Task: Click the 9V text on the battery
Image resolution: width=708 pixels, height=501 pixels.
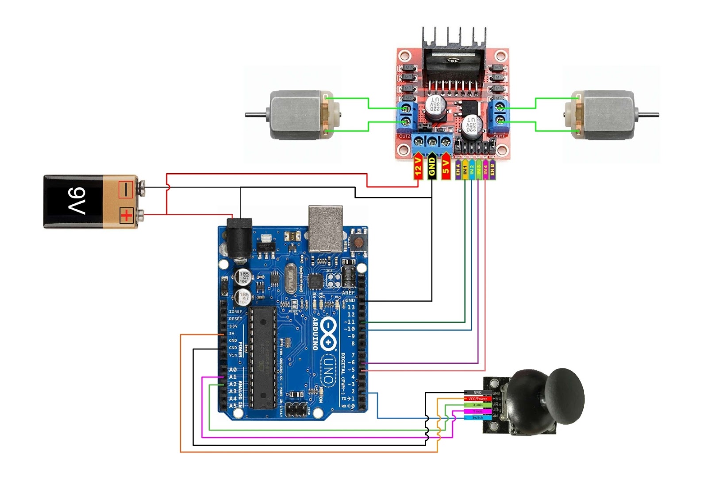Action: (x=76, y=201)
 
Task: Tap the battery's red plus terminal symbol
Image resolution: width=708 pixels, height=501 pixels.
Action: (x=127, y=216)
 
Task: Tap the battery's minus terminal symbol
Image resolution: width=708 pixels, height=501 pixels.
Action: (x=126, y=190)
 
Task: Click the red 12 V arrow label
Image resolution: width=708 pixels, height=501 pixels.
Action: (x=418, y=167)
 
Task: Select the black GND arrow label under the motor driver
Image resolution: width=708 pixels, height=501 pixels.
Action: (x=432, y=167)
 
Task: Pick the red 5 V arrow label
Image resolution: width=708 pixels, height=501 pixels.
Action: (x=446, y=167)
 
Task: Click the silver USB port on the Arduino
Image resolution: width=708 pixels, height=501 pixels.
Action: (x=326, y=229)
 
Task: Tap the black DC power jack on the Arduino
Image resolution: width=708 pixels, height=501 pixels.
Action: (x=239, y=237)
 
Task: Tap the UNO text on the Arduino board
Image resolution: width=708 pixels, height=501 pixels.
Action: (x=328, y=370)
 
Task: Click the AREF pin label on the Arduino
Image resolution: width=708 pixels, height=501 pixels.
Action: (x=348, y=293)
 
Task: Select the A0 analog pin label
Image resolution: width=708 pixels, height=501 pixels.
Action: (x=233, y=369)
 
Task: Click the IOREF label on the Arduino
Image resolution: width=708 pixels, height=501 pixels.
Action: (x=235, y=312)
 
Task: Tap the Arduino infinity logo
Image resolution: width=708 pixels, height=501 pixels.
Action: (x=328, y=332)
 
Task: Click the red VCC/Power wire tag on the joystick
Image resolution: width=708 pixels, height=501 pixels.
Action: (x=477, y=399)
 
